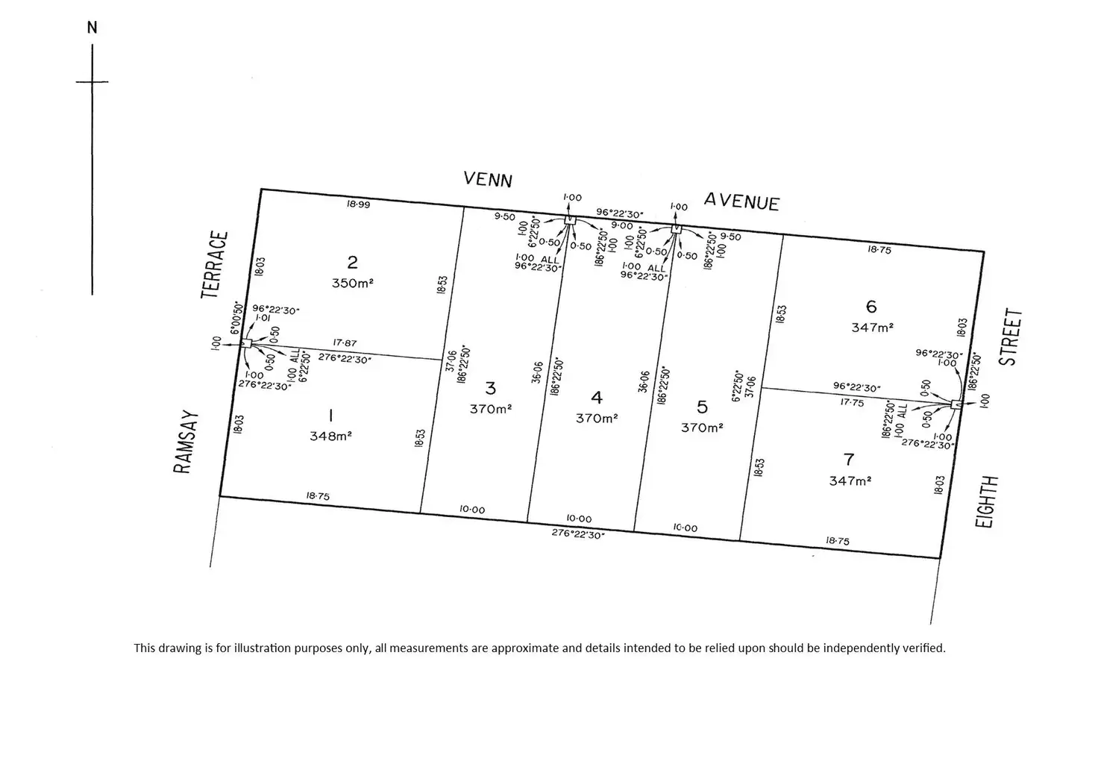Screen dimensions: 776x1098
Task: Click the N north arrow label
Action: coord(92,28)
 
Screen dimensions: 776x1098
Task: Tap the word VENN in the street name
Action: coord(488,180)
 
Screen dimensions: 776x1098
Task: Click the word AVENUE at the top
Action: coord(742,201)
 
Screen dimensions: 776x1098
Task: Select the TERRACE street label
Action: coord(215,265)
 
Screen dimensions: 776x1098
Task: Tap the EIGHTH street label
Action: coord(986,502)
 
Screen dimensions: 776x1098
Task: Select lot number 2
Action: coord(352,262)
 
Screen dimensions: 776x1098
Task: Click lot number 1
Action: coord(330,416)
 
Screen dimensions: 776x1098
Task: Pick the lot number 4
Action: coord(596,398)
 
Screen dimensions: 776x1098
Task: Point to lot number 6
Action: coord(871,307)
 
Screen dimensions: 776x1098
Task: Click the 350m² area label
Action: coord(353,284)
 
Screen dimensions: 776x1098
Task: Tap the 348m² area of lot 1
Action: coord(330,436)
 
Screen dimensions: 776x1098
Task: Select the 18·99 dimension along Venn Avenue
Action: coord(359,204)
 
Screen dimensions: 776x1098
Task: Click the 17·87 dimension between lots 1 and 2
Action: coord(345,343)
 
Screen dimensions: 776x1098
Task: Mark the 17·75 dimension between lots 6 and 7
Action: coord(852,402)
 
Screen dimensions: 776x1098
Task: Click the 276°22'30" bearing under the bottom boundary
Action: coord(578,533)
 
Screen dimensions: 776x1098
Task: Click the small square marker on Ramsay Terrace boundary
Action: coord(246,343)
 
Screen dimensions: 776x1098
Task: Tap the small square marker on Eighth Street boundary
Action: coord(956,404)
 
